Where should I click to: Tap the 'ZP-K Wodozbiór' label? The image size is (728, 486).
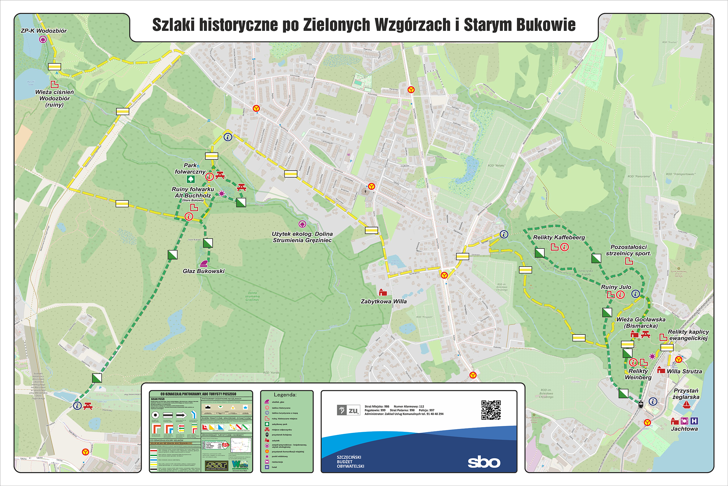[44, 31]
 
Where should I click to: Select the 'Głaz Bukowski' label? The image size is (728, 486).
[203, 271]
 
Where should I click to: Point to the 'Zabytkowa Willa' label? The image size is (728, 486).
[384, 301]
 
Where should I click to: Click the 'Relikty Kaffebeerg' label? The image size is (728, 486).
[559, 237]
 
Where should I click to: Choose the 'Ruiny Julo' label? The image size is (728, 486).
[616, 287]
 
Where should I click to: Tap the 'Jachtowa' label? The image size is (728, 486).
[684, 429]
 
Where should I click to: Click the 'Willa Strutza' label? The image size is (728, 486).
[684, 371]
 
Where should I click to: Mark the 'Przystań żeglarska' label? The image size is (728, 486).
[686, 394]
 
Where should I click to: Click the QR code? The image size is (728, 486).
[491, 410]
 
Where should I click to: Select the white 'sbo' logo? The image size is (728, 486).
[484, 462]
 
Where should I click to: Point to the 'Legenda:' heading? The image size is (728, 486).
[285, 395]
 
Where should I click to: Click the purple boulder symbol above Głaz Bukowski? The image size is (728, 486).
[203, 264]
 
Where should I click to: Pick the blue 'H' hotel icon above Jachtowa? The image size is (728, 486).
[694, 421]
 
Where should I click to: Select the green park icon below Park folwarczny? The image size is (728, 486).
[191, 179]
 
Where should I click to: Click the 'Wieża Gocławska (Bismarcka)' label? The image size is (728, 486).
[641, 322]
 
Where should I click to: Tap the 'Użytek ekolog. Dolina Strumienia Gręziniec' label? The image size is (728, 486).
[302, 237]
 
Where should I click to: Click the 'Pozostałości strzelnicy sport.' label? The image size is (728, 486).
[628, 250]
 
